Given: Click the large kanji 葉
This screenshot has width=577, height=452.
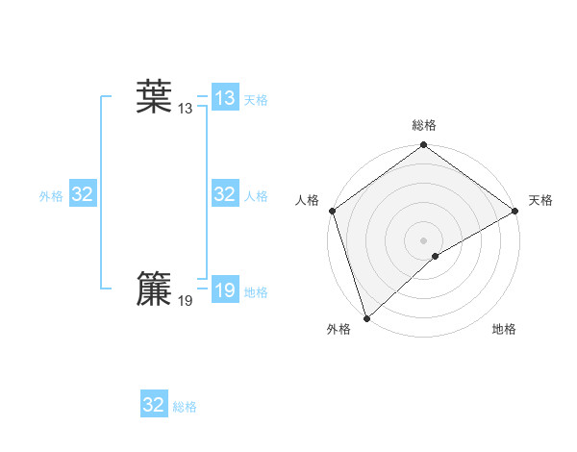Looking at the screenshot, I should coord(154,97).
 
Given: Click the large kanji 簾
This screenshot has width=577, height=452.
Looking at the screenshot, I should coord(154,289).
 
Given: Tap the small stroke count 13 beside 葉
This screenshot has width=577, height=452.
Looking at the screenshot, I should coord(185,110).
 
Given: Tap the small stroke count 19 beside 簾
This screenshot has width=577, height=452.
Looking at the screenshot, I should coord(185,301).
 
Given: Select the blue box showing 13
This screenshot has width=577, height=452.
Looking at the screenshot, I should coord(225,98).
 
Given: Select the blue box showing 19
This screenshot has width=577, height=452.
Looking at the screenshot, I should coord(225,290).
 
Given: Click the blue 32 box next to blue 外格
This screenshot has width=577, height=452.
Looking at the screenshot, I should coord(83,194).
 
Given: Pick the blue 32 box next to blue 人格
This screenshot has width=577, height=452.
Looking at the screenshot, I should coord(225,194).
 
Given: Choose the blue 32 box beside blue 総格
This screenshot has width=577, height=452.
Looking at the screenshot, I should coord(154,405).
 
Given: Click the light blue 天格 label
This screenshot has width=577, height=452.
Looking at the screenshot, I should coord(256,100).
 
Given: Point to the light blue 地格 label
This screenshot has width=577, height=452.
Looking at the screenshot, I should coord(256,292).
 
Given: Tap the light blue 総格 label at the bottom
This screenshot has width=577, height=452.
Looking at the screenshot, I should coord(185,407).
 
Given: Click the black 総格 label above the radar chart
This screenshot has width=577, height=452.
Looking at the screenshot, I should coord(424,125).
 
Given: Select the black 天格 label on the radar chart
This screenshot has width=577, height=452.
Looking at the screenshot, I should coord(540,200).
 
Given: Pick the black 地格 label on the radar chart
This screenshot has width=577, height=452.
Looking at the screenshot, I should coord(504,330).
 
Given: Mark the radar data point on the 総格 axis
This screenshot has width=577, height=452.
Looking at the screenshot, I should coord(424,146).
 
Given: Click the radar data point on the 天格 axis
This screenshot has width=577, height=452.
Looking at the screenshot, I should coord(514,211).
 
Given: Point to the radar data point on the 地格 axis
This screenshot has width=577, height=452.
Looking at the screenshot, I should coord(436,256).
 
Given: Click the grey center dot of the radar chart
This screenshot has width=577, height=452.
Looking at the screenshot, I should coord(424,239).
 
